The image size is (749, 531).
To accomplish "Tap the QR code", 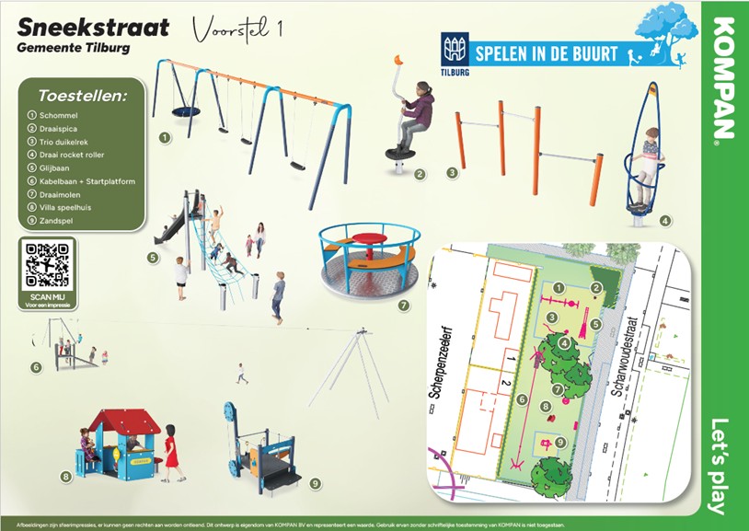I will [x=48, y=265].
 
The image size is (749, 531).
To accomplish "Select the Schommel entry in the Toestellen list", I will [x=57, y=115].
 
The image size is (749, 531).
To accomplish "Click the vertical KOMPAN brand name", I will [x=724, y=77].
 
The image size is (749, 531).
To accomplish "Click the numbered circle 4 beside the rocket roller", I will [x=665, y=221].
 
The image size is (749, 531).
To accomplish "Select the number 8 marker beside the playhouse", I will [x=65, y=476].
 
